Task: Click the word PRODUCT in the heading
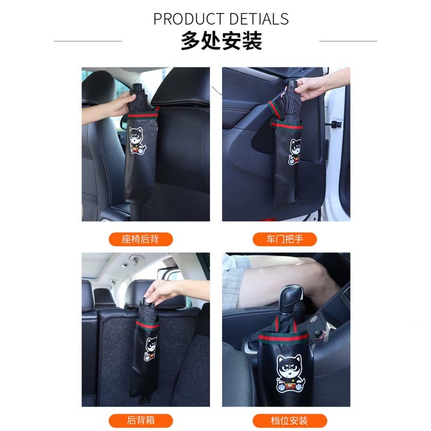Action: click(x=189, y=19)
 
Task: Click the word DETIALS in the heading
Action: click(x=259, y=19)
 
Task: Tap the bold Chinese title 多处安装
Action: click(x=221, y=41)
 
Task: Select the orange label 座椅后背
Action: click(x=141, y=239)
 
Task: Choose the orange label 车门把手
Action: click(x=284, y=239)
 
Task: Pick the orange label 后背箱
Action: click(x=141, y=421)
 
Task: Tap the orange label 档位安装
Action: click(x=289, y=421)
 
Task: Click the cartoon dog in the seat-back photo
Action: click(x=137, y=140)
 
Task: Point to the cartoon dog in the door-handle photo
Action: click(x=295, y=151)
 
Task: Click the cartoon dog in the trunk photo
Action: click(x=151, y=348)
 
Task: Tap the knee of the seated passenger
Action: click(x=324, y=277)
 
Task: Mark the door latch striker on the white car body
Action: click(x=336, y=125)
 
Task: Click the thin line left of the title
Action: click(x=88, y=41)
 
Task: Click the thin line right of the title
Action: click(x=348, y=41)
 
